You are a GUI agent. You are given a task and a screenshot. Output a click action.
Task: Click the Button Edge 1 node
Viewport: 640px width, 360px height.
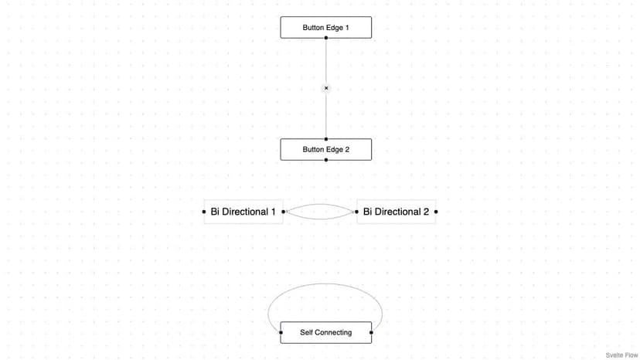[x=325, y=27]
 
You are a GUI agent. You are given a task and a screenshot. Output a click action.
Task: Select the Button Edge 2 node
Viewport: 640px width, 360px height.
[x=325, y=149]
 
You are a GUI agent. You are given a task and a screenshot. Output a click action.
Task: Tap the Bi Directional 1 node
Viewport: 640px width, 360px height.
[x=243, y=212]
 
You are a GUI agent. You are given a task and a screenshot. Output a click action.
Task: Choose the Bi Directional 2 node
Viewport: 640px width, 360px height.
[x=396, y=212]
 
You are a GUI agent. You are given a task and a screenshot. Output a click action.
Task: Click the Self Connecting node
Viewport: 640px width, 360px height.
[x=325, y=332]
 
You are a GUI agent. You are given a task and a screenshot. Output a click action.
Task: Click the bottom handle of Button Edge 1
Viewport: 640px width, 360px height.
[x=325, y=38]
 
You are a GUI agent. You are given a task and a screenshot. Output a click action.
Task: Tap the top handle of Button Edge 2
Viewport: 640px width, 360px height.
[x=325, y=139]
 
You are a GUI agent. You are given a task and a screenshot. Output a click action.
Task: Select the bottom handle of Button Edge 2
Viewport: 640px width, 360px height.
[x=325, y=160]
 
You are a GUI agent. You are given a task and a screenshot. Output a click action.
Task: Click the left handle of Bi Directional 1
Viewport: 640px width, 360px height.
[x=204, y=212]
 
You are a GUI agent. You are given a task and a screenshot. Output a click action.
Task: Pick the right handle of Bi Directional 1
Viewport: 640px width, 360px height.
[x=283, y=212]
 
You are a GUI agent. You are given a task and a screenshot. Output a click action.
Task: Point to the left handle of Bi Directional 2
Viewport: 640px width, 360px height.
[x=356, y=212]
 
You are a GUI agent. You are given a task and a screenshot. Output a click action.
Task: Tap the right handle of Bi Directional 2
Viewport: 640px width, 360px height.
[x=436, y=212]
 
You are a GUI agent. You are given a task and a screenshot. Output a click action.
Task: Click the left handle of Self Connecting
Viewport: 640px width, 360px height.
[x=281, y=332]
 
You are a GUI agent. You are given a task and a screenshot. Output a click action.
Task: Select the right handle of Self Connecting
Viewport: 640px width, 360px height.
[x=371, y=332]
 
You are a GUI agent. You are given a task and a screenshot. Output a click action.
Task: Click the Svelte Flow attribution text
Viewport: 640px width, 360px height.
[x=621, y=355]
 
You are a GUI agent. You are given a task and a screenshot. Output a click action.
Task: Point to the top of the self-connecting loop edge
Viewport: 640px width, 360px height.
[x=325, y=284]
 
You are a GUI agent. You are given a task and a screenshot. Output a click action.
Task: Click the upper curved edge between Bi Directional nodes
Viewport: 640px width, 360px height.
[x=320, y=205]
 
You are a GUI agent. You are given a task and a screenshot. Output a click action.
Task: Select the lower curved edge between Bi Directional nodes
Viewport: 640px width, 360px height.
[x=320, y=219]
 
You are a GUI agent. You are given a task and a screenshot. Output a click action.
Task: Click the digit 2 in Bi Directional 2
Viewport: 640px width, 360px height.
[x=426, y=212]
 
